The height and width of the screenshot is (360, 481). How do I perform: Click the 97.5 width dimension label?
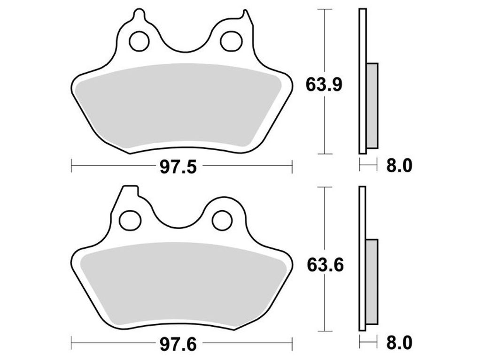point(178,168)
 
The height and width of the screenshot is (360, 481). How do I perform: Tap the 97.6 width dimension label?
point(178,345)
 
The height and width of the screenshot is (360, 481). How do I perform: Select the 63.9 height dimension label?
point(324,85)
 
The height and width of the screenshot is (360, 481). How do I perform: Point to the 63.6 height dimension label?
point(325,265)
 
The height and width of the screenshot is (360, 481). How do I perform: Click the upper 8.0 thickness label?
point(399,166)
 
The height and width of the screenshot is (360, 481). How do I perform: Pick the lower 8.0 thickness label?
point(399,343)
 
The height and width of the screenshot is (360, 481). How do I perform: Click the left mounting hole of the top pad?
point(139,41)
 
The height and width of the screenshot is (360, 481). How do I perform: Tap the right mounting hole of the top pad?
point(231,41)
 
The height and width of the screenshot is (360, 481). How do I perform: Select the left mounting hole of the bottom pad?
point(130,220)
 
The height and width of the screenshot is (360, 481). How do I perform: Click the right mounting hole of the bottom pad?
point(222,220)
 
